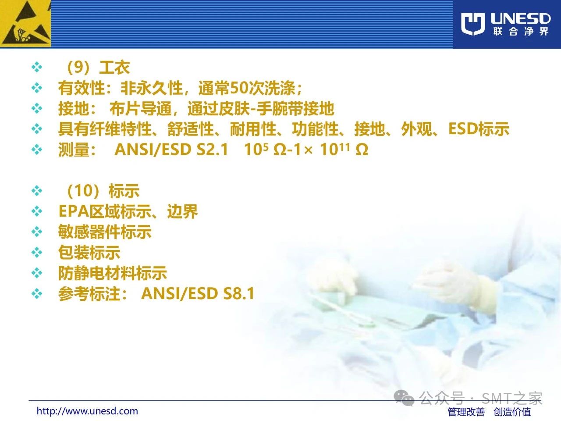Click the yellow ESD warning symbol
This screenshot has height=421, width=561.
coord(25,24)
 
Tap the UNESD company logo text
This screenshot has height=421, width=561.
coord(520,19)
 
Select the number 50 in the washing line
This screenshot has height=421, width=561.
coord(238,88)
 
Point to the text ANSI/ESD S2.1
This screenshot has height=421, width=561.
coord(171,150)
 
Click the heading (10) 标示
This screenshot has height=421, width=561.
coord(103,191)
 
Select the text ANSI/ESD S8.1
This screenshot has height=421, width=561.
coord(198,293)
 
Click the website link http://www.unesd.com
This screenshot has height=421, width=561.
coord(87,411)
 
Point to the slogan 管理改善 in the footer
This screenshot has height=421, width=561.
coord(466,412)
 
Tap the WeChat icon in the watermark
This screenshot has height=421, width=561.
coord(404,398)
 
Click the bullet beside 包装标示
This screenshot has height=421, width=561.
coord(37,253)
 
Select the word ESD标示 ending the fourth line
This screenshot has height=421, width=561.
coord(479,129)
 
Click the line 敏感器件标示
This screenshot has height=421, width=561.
coord(105,232)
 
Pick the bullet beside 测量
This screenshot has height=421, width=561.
coord(37,150)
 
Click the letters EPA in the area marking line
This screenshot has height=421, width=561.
coord(74,211)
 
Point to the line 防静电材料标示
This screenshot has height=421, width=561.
coord(113,273)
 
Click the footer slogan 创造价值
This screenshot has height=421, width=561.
coord(512,412)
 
